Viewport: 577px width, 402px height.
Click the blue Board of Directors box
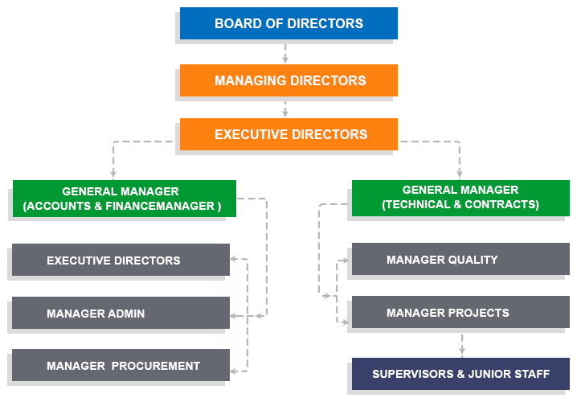(x=288, y=23)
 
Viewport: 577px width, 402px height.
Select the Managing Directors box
(x=288, y=80)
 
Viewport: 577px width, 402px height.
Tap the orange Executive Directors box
(x=288, y=134)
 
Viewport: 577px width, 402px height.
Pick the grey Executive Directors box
(x=121, y=260)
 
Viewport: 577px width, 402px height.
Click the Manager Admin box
(x=121, y=313)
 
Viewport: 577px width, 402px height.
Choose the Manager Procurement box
(x=121, y=365)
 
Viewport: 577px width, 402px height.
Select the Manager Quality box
(x=460, y=259)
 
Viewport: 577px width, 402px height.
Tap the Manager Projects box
(x=460, y=312)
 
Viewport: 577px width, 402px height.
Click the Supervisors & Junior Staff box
(x=460, y=374)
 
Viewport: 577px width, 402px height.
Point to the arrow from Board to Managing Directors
(x=285, y=53)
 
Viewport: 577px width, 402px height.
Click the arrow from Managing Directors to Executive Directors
(x=285, y=109)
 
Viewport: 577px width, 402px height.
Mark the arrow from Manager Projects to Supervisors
(x=462, y=345)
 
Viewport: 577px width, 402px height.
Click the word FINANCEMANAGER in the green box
(x=160, y=206)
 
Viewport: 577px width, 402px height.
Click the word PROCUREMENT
(x=156, y=366)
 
